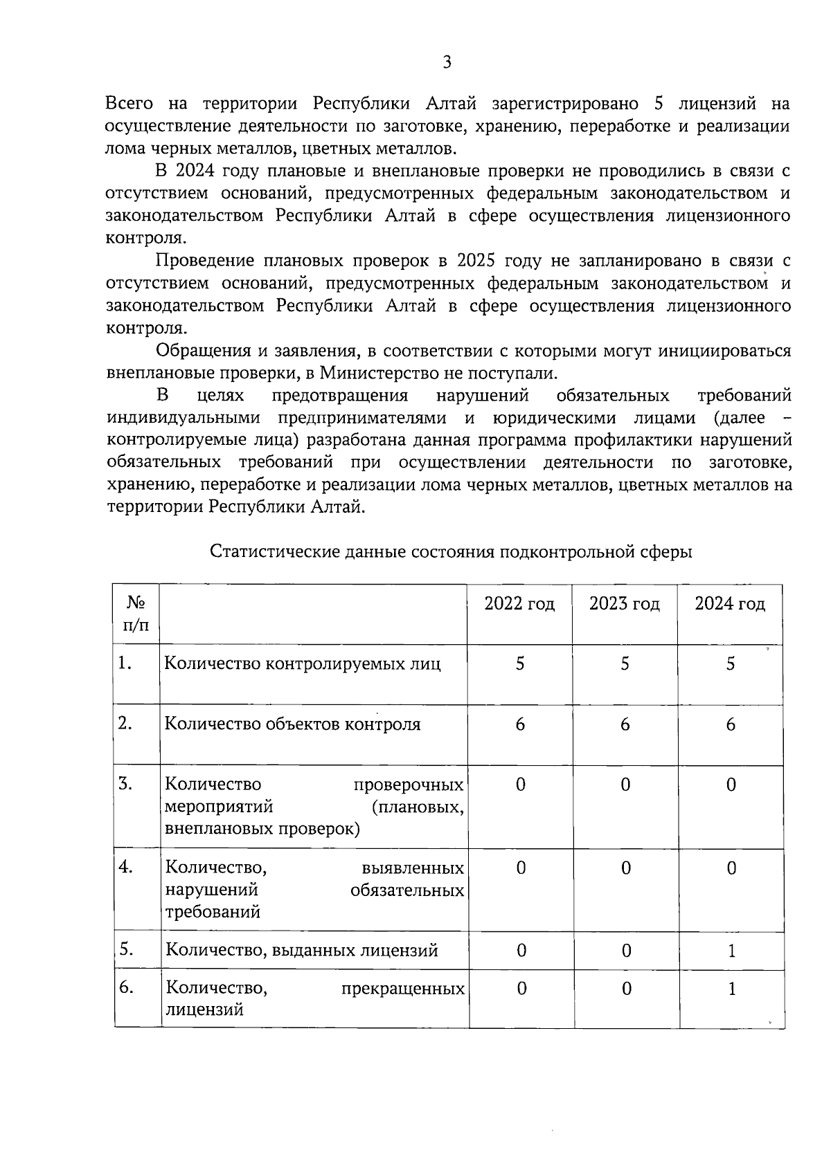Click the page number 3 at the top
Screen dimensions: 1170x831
pyautogui.click(x=447, y=63)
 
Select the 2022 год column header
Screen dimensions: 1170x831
pyautogui.click(x=519, y=604)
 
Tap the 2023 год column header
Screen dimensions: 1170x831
pyautogui.click(x=625, y=604)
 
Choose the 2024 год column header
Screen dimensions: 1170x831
pyautogui.click(x=730, y=604)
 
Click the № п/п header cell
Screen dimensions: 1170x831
pyautogui.click(x=136, y=614)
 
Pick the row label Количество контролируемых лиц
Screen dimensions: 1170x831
pyautogui.click(x=303, y=664)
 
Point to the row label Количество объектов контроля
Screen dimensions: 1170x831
pyautogui.click(x=292, y=724)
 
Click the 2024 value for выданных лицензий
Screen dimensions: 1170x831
pyautogui.click(x=731, y=951)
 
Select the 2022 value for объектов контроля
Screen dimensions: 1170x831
pyautogui.click(x=520, y=724)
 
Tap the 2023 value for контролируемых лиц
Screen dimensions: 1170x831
pyautogui.click(x=625, y=664)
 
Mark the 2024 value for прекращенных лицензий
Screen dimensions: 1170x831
pyautogui.click(x=731, y=989)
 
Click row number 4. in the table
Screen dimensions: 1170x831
pyautogui.click(x=126, y=867)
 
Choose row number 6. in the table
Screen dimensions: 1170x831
pyautogui.click(x=126, y=987)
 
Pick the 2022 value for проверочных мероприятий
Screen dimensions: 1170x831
pyautogui.click(x=521, y=785)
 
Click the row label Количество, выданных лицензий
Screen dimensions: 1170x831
pyautogui.click(x=302, y=951)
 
